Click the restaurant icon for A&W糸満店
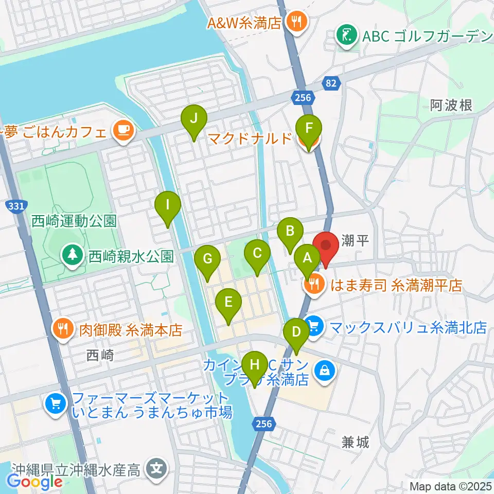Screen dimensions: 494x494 [x=296, y=22]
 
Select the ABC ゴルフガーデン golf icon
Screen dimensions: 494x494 [x=343, y=35]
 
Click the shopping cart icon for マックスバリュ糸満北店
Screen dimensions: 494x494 [x=313, y=326]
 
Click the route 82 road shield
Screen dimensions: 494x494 [x=331, y=82]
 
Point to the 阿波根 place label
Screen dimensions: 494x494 [x=451, y=106]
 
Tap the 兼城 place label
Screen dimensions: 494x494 [x=356, y=443]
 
